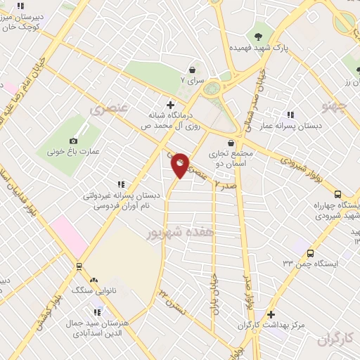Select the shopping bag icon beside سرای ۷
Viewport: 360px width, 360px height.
(x=192, y=70)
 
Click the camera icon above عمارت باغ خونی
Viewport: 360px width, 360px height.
(x=73, y=141)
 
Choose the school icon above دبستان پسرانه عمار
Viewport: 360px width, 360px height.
(x=290, y=115)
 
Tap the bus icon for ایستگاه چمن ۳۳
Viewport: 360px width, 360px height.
(x=310, y=253)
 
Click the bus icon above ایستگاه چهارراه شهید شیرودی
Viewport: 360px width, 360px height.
(x=337, y=195)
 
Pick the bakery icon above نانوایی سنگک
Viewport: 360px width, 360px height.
(x=94, y=279)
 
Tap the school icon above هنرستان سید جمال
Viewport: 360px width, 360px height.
(x=98, y=311)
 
